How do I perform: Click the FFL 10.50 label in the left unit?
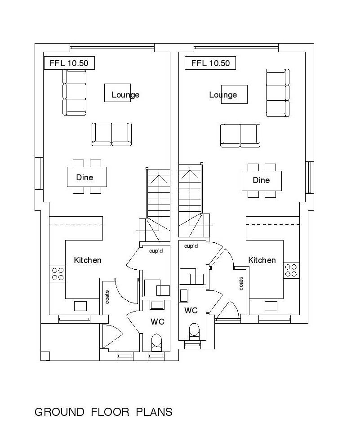tap(69, 63)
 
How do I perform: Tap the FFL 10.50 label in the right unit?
tap(210, 63)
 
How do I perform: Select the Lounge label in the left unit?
tap(125, 95)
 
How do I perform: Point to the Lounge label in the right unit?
tap(223, 95)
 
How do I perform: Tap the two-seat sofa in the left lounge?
tap(112, 134)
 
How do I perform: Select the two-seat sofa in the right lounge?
tap(240, 135)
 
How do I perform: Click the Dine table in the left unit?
tap(87, 177)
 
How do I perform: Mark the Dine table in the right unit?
tap(262, 180)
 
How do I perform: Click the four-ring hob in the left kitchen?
tap(58, 274)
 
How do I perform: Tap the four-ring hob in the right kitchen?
tap(291, 270)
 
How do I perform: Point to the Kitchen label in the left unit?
tap(88, 260)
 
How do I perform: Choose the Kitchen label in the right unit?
tap(262, 260)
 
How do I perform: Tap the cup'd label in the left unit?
tap(156, 250)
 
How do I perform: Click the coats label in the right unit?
tap(241, 283)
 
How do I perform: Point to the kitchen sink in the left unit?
tap(80, 306)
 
